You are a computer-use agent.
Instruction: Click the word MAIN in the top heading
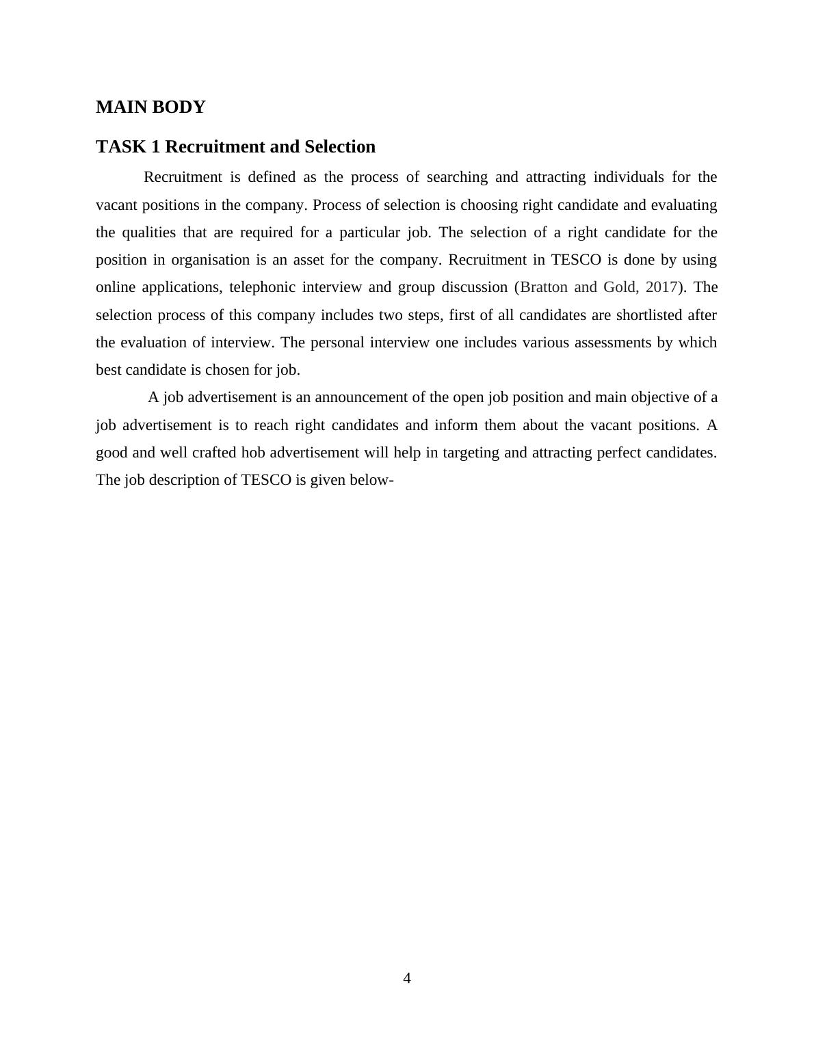click(118, 107)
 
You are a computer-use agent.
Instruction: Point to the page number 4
click(407, 978)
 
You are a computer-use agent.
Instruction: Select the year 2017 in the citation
click(661, 287)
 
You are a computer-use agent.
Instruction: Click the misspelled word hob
click(254, 453)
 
